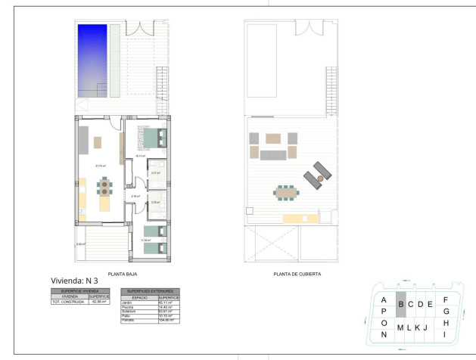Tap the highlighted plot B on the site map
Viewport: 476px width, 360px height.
click(x=401, y=305)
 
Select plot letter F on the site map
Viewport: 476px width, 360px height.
click(x=446, y=299)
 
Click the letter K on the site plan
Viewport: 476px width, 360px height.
click(x=417, y=327)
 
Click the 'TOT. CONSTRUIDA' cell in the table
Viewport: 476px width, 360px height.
click(x=69, y=303)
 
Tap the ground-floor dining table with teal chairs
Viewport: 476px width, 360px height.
click(x=104, y=187)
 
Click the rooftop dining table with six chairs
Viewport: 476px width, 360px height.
click(x=287, y=194)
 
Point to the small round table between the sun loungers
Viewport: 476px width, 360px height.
click(x=320, y=177)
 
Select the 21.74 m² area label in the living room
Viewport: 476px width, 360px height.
click(x=99, y=166)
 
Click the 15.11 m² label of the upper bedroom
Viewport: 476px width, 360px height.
click(x=141, y=157)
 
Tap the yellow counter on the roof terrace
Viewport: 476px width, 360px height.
click(x=298, y=219)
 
